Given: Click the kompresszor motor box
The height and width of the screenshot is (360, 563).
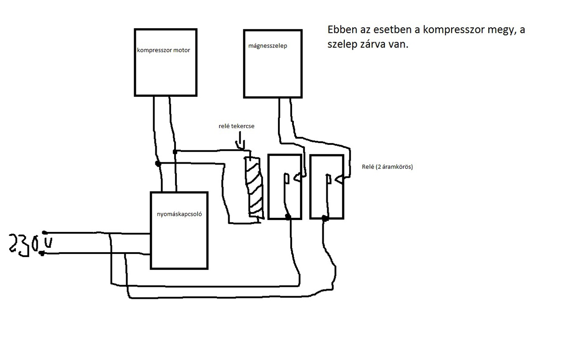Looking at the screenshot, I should click(x=165, y=62).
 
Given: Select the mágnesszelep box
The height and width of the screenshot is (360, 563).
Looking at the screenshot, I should click(x=273, y=63).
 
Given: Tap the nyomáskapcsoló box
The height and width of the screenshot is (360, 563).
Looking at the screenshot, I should click(x=179, y=230).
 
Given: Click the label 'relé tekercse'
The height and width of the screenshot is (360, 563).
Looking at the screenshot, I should click(x=237, y=126).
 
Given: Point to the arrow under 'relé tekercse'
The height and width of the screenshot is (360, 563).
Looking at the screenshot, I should click(x=240, y=143).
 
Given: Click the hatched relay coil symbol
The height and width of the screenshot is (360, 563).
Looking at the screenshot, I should click(x=255, y=187).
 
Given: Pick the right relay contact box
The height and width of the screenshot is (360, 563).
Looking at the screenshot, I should click(x=326, y=186).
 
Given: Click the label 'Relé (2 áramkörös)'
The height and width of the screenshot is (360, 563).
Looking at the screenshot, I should click(x=384, y=167).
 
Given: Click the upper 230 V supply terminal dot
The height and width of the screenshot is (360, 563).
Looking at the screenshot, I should click(x=44, y=232).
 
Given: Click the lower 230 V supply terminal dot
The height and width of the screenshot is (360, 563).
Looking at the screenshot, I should click(x=42, y=253).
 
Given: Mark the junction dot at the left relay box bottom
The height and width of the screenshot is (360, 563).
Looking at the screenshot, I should click(x=288, y=217).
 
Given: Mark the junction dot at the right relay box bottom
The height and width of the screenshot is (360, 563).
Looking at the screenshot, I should click(x=325, y=218).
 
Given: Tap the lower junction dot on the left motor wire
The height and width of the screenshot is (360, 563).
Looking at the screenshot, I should click(x=158, y=164).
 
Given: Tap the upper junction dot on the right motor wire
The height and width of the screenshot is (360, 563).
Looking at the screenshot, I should click(x=175, y=151).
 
